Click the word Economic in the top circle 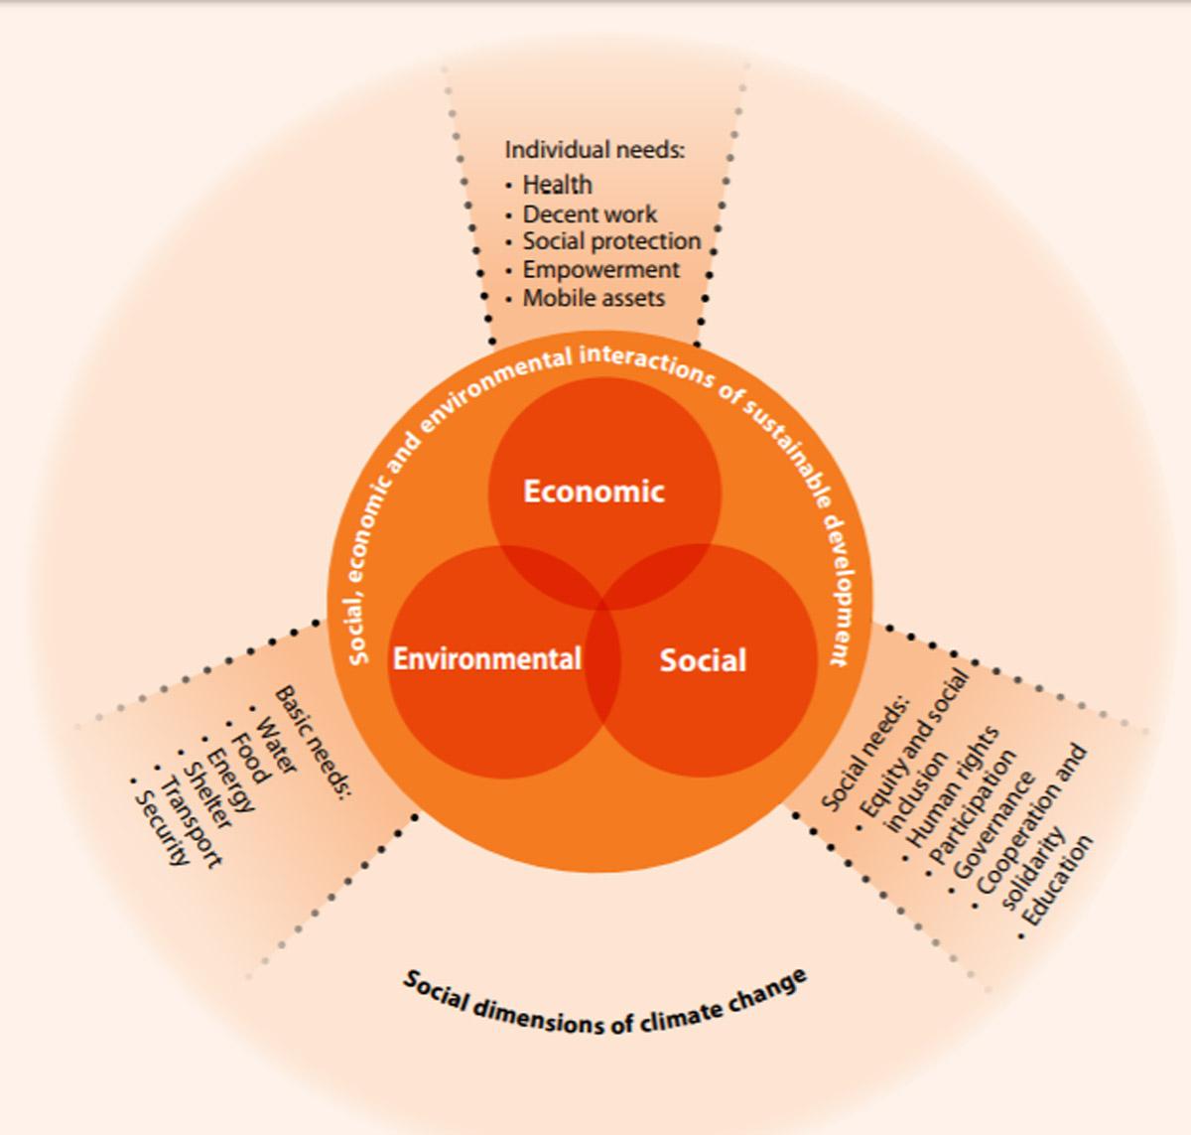(x=594, y=492)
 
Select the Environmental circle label (x=486, y=659)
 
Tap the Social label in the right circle (x=703, y=661)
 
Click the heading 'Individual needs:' (x=595, y=150)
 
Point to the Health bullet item (x=557, y=185)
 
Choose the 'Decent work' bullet (x=590, y=214)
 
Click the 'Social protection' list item (x=611, y=241)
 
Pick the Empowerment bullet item (x=600, y=270)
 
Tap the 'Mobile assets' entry (x=594, y=298)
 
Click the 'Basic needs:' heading (x=313, y=741)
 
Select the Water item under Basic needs (x=276, y=746)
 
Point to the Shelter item (x=207, y=794)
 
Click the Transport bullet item (x=191, y=823)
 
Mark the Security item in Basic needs (x=162, y=828)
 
